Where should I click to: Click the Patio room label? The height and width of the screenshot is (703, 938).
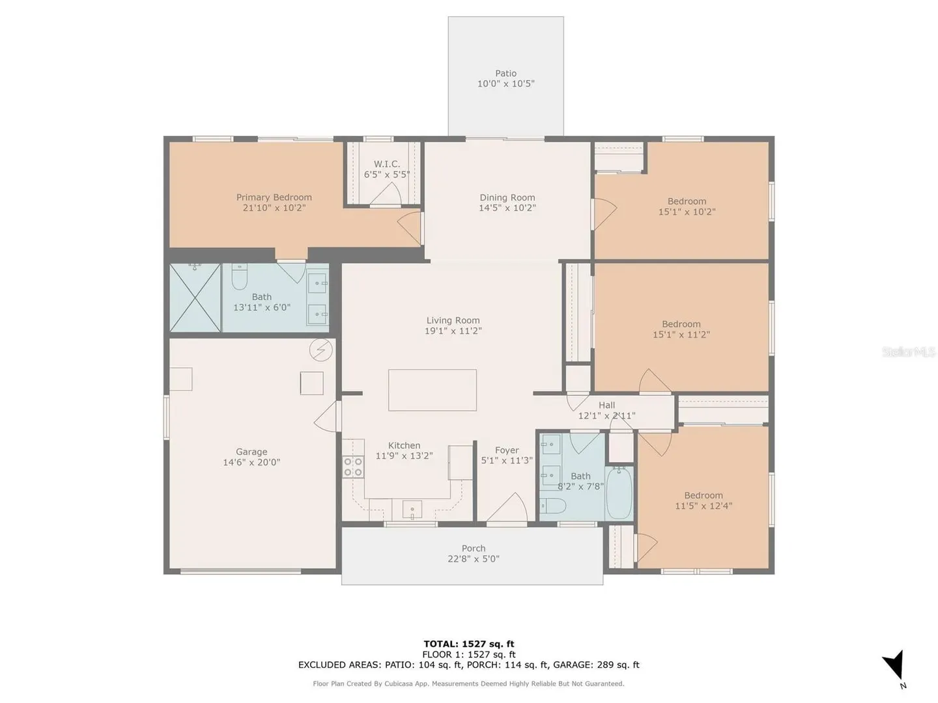click(505, 74)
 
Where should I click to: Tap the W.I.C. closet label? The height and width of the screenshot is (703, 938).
click(387, 164)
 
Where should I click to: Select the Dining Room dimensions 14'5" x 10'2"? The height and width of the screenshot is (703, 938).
click(507, 208)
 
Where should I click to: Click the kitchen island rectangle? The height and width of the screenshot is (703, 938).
click(432, 390)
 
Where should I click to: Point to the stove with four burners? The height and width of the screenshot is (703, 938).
click(353, 467)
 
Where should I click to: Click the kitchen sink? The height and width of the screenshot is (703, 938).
click(412, 510)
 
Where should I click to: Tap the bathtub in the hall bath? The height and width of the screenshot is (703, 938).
click(619, 493)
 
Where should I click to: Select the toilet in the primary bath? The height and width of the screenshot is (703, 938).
click(239, 276)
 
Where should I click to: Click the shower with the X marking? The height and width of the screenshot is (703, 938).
click(195, 297)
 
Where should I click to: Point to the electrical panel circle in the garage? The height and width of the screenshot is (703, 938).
click(321, 350)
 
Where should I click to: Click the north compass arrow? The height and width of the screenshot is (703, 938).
click(895, 665)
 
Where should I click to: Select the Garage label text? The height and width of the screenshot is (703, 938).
click(251, 452)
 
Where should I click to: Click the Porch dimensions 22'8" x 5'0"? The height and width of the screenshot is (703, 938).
click(474, 558)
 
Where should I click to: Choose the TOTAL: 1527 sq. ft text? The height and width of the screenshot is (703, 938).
click(469, 644)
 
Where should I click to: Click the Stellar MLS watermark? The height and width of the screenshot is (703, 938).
click(909, 351)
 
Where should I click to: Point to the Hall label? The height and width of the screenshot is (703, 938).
click(607, 405)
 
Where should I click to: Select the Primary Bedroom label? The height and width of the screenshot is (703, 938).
click(274, 197)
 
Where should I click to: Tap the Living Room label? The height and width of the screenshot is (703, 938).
click(453, 320)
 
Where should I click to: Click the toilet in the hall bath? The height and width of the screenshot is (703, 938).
click(553, 506)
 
